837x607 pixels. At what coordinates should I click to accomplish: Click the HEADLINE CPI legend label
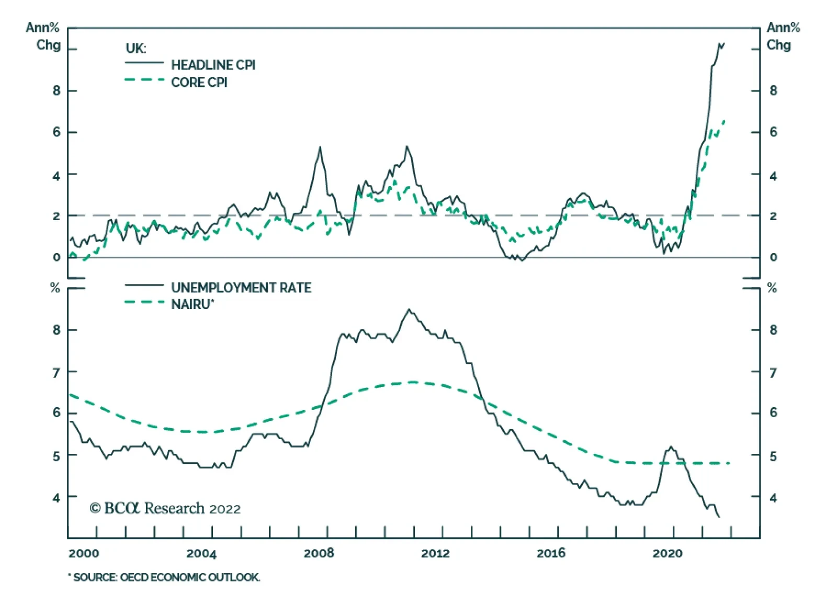click(213, 65)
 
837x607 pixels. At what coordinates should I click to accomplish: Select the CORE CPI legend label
click(199, 83)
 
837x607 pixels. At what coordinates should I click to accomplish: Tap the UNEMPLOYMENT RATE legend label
click(241, 288)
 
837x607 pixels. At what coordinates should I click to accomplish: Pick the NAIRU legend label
click(192, 304)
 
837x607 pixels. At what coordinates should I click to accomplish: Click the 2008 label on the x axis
click(319, 553)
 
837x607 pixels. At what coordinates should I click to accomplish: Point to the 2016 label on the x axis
click(551, 553)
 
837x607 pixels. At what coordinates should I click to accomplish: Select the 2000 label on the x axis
click(84, 553)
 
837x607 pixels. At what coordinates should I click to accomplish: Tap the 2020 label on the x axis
click(667, 553)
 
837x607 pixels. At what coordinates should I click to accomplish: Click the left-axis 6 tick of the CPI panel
click(56, 132)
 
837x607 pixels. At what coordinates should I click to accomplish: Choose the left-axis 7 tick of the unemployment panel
click(56, 372)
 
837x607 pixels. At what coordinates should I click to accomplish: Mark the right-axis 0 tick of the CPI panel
click(773, 257)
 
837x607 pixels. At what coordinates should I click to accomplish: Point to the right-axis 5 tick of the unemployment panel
click(773, 456)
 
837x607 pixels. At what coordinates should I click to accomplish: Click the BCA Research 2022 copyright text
click(165, 508)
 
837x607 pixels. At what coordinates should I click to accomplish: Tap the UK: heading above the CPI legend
click(135, 48)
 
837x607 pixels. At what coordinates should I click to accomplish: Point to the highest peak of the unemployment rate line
click(409, 309)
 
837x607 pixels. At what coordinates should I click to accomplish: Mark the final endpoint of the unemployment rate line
click(719, 518)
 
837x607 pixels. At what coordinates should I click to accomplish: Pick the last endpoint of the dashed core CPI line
click(724, 121)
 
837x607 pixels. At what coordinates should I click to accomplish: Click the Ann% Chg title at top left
click(43, 36)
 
